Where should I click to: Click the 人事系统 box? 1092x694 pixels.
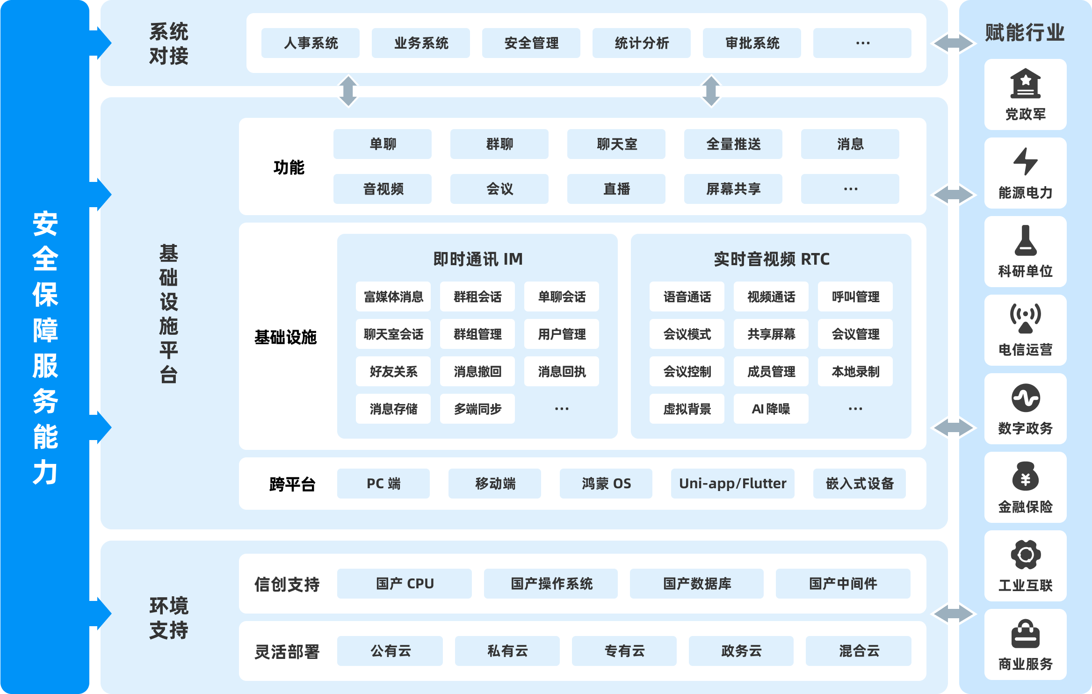click(x=311, y=43)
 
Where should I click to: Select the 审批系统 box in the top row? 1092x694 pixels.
click(x=752, y=43)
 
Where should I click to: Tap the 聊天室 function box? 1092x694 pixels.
click(x=616, y=144)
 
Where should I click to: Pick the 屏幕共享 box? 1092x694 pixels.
click(x=733, y=189)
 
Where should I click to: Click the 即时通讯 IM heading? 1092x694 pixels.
click(x=477, y=259)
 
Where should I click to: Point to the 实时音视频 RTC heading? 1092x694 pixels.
click(x=771, y=259)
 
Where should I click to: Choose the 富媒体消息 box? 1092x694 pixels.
click(x=393, y=296)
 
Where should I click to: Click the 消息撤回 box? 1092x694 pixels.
click(x=477, y=371)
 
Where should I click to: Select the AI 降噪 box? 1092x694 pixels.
click(x=771, y=409)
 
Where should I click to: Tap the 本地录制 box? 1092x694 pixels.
click(x=855, y=371)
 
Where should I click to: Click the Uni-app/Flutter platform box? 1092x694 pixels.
click(x=732, y=484)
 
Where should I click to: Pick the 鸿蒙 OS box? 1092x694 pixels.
click(x=606, y=484)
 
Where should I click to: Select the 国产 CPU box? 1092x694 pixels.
click(x=404, y=584)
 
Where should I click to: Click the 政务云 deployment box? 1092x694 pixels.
click(x=741, y=651)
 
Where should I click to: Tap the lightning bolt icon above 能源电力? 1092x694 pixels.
click(x=1025, y=161)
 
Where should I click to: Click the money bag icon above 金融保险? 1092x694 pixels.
click(x=1025, y=476)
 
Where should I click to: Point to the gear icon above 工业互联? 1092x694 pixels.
click(x=1025, y=555)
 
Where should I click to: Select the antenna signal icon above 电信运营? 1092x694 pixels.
click(x=1025, y=318)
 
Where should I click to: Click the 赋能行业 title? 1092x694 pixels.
click(x=1025, y=33)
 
